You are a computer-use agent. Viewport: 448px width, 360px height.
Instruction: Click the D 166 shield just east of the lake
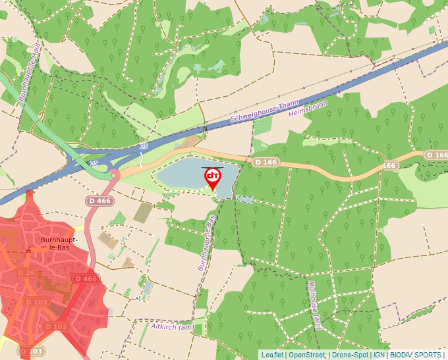[266, 162]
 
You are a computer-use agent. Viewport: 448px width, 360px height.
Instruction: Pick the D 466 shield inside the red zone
[86, 279]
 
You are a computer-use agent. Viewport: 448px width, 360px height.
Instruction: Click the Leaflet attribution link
[272, 355]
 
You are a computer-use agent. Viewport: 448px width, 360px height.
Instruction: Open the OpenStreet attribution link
[307, 355]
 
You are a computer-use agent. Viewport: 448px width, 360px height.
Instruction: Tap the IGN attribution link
[379, 355]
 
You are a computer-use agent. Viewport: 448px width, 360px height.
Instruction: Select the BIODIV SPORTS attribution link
[415, 355]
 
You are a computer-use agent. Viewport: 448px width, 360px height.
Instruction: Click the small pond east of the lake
[244, 199]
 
